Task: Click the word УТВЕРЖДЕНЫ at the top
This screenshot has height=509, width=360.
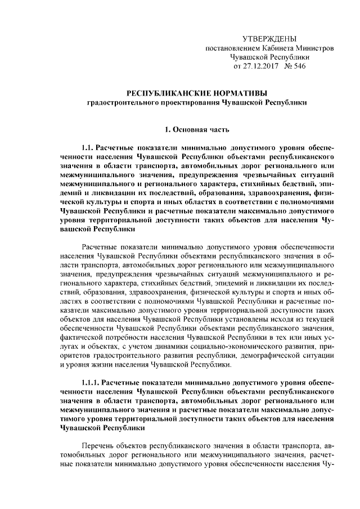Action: click(269, 39)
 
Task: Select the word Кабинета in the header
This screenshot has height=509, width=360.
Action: click(286, 48)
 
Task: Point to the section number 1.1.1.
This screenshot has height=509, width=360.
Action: click(92, 381)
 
